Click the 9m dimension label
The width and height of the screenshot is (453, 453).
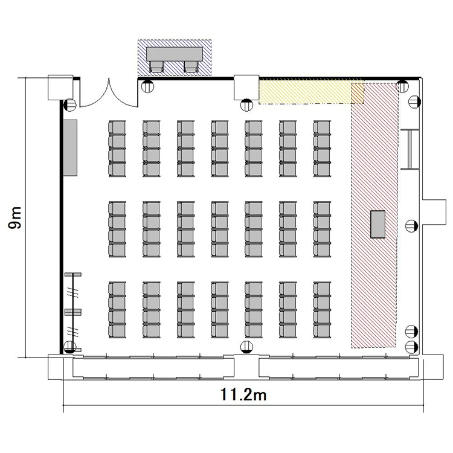point(15,218)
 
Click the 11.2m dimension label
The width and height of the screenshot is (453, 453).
point(243,394)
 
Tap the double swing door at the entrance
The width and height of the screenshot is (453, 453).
point(109,94)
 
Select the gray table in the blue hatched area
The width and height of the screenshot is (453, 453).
point(175,54)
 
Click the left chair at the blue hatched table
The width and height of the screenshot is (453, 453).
point(157,66)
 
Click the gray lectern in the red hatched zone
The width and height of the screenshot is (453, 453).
point(378,224)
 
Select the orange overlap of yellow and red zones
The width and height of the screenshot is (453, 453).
point(358,93)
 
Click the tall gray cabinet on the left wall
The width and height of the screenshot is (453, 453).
point(70,147)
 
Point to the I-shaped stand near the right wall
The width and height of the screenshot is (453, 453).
point(410,149)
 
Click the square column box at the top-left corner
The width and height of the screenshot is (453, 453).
point(60,88)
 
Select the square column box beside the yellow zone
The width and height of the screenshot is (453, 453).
point(246,87)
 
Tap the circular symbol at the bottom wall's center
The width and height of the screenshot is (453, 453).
point(246,347)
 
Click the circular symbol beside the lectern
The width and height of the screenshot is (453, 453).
point(411,226)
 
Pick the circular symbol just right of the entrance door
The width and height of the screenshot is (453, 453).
point(147,86)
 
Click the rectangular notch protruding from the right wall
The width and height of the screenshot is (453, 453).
point(434,212)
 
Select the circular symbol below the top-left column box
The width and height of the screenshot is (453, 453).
point(69,104)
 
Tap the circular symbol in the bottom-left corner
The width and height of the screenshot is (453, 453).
point(69,347)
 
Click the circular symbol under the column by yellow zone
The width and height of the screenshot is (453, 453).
point(246,104)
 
